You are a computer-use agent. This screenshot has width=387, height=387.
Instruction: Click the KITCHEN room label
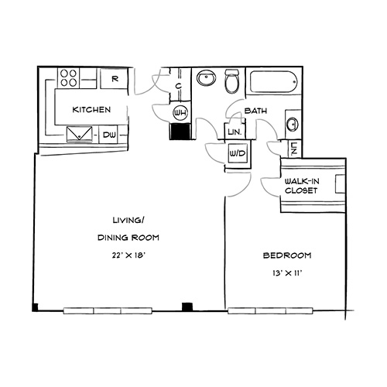(x=91, y=110)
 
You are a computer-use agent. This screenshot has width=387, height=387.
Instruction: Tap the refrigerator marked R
(x=114, y=78)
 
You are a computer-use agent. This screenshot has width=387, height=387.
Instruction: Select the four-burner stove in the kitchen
(x=69, y=78)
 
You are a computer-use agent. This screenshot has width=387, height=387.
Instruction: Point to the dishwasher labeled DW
(x=108, y=135)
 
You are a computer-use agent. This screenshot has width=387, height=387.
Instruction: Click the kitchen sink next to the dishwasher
(x=80, y=134)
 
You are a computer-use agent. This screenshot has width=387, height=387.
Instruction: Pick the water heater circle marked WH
(x=180, y=113)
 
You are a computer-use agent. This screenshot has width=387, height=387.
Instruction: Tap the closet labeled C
(x=179, y=85)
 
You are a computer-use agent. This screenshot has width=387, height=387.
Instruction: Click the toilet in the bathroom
(x=232, y=81)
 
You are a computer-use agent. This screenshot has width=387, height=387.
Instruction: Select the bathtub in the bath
(x=274, y=82)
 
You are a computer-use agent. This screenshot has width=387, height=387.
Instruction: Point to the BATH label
(x=255, y=111)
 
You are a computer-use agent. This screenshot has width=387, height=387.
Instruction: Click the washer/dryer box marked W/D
(x=238, y=154)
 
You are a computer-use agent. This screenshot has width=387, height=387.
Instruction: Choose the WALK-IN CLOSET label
(x=302, y=186)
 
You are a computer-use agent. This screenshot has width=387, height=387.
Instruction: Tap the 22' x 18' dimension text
(x=128, y=255)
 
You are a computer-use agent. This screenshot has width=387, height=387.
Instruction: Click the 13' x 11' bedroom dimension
(x=287, y=273)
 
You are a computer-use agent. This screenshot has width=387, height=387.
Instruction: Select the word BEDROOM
(x=287, y=255)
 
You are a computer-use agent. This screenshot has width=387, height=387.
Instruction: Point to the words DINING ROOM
(x=128, y=238)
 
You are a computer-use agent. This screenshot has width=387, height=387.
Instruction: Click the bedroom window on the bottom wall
(x=270, y=310)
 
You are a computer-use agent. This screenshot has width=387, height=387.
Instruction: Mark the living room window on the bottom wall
(x=108, y=310)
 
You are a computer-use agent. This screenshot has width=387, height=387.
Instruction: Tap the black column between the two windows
(x=187, y=307)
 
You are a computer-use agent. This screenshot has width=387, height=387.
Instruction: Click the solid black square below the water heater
(x=180, y=132)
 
